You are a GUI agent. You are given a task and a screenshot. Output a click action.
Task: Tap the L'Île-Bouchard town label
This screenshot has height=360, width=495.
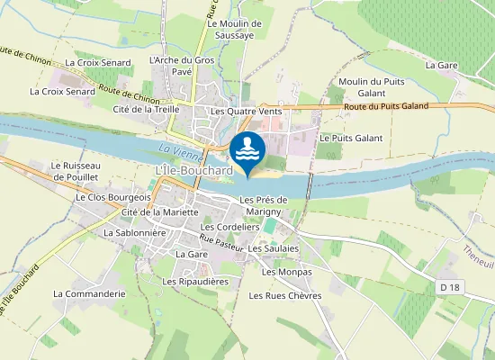tap(193, 170)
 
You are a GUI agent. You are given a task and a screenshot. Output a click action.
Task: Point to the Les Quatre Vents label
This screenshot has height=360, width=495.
tap(246, 111)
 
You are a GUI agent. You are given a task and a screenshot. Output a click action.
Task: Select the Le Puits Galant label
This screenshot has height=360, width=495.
tap(351, 138)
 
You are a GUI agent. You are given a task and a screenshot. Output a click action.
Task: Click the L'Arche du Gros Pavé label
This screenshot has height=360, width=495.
tap(180, 66)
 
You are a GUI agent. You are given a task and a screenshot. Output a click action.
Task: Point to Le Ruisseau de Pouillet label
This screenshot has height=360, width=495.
tap(80, 171)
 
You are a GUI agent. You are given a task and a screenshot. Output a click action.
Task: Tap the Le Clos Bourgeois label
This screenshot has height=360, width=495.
tap(113, 195)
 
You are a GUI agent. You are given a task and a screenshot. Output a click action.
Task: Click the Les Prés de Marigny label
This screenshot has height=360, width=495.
tap(263, 205)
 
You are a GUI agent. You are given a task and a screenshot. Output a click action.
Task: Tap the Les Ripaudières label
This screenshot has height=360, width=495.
tap(195, 282)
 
